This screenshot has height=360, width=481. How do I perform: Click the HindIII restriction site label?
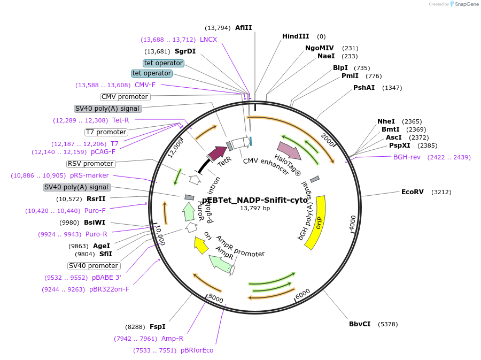pos(296,36)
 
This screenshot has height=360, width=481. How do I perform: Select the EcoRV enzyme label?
pos(413,192)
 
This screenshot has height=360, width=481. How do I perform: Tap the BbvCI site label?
pos(360,324)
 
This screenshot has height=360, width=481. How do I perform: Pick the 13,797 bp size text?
pos(255,208)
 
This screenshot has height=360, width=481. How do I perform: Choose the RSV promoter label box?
pos(90,164)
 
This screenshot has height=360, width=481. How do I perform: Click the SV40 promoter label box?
pos(94,266)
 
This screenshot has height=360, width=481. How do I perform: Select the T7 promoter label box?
pos(106,132)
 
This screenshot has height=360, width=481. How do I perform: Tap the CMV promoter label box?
pos(125,97)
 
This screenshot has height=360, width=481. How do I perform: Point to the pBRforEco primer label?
pos(197,350)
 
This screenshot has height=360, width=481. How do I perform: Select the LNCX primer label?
pos(208,40)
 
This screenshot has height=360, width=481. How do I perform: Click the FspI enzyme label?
pos(157,326)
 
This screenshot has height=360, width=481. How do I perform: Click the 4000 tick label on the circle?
pos(353,223)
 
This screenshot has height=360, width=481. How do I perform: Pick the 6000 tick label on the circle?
pos(302,293)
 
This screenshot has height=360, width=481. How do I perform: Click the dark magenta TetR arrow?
pos(217,154)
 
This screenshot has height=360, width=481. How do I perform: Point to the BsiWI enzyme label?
pos(95,223)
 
